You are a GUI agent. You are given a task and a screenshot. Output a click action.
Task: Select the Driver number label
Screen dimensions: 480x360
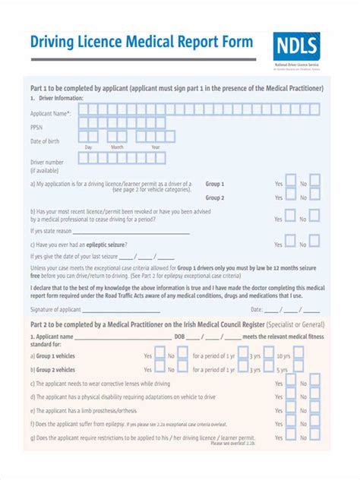47,162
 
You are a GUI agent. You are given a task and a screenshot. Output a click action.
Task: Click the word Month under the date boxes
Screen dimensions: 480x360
118,147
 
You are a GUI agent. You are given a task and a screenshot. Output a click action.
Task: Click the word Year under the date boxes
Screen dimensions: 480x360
155,147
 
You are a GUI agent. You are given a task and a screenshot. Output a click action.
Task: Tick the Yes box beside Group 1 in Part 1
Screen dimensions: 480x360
289,182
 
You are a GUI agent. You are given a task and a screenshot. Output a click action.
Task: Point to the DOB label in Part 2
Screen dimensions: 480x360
179,336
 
